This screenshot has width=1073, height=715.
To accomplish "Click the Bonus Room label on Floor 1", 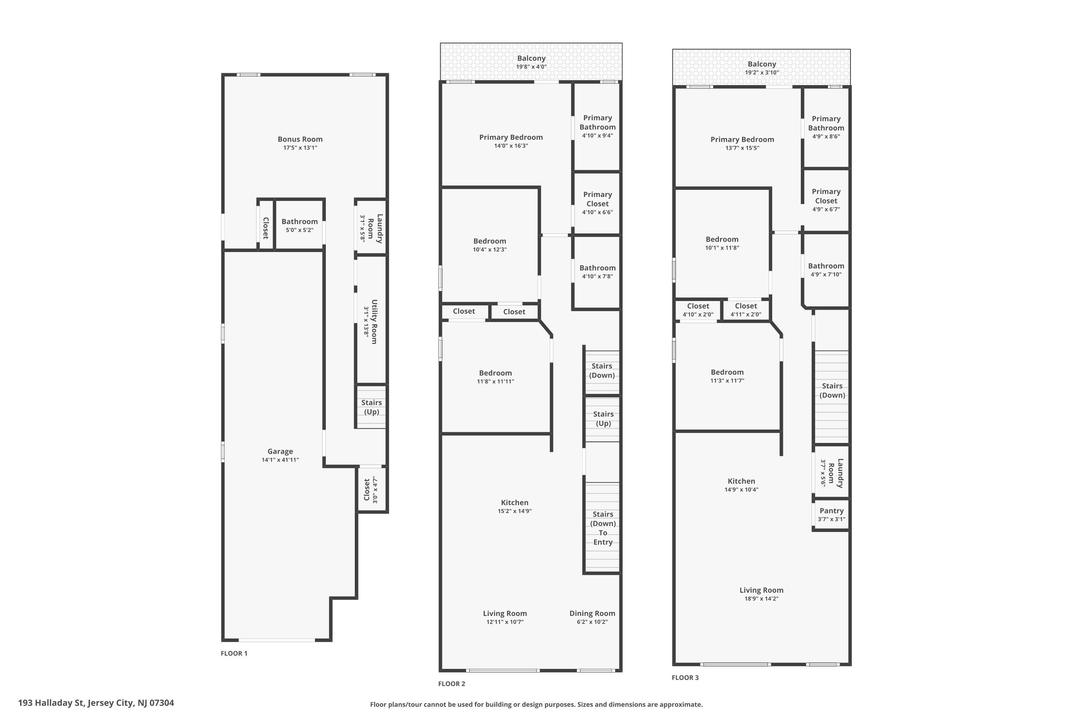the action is (x=300, y=139).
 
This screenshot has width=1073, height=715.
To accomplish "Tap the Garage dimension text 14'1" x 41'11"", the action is (x=280, y=460).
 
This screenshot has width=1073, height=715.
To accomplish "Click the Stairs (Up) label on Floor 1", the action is (x=371, y=407).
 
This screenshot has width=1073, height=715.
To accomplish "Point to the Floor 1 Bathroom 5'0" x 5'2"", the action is (x=299, y=226).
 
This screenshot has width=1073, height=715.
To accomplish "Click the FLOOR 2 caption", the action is (x=452, y=684).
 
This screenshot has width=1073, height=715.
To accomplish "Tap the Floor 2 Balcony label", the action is (x=531, y=58).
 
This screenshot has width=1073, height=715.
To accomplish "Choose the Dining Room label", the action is (x=592, y=614).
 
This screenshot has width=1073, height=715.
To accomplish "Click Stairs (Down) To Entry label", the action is (x=603, y=528).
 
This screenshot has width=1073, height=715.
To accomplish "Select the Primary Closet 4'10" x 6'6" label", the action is (x=598, y=203).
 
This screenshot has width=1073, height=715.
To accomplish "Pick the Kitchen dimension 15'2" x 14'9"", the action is (x=515, y=511).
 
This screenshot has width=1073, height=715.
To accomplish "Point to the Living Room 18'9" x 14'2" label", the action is (x=761, y=594).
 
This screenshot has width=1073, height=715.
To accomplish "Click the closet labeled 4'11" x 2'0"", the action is (x=746, y=310).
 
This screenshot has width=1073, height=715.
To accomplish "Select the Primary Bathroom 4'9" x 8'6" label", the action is (x=826, y=127).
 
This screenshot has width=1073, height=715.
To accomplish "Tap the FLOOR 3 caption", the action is (x=685, y=677).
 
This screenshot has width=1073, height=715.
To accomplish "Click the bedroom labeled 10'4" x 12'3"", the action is (x=490, y=245).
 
